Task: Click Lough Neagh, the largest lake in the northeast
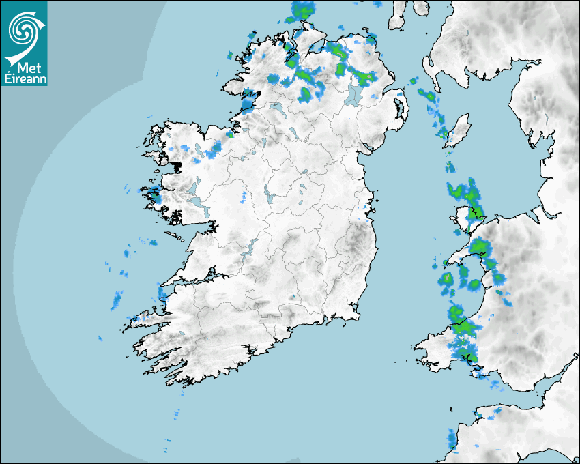point(353,93)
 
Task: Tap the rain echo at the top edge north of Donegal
point(304,10)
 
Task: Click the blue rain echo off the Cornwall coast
point(451,437)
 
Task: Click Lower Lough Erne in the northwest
point(276,108)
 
